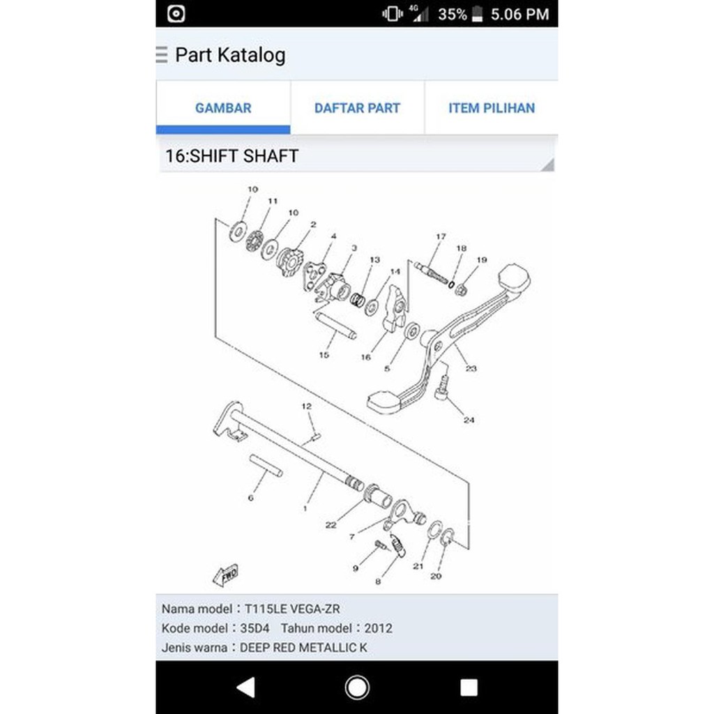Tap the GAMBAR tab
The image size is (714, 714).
tap(223, 108)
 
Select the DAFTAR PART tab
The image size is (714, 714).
tap(357, 108)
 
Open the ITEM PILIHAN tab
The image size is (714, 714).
tap(491, 108)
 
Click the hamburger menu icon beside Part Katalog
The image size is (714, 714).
tap(162, 55)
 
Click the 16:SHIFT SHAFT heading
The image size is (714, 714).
tap(231, 155)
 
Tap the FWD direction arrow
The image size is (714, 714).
tap(226, 575)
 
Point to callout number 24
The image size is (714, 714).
tap(469, 420)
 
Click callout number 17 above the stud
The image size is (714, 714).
tap(441, 237)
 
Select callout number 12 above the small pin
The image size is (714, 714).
tap(306, 406)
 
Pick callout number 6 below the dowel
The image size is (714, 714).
tap(251, 498)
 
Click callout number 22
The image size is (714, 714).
tap(331, 525)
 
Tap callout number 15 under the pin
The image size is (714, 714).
tap(324, 355)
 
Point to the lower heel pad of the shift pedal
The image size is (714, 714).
tap(388, 402)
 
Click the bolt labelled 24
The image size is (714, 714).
tap(442, 388)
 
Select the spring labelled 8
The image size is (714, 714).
tap(397, 545)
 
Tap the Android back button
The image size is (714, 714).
tap(245, 688)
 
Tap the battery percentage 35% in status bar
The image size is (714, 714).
tap(452, 14)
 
